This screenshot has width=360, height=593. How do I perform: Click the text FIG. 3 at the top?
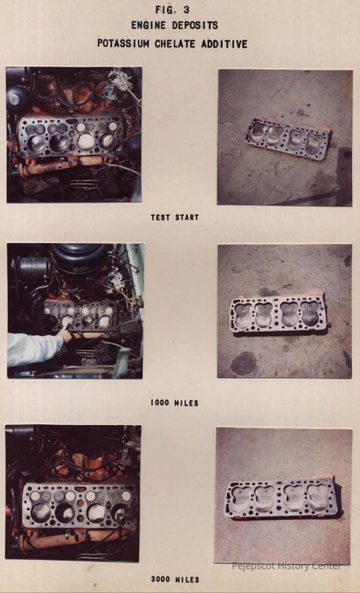coord(173,9)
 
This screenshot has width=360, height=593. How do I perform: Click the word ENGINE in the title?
coord(148,25)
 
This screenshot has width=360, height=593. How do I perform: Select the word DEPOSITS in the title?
coord(195,25)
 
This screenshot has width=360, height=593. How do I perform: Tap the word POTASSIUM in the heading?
coord(123,43)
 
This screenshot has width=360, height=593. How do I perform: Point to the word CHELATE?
coord(176,43)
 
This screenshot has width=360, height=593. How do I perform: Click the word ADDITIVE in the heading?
coord(224,43)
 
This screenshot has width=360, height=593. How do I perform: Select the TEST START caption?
coord(175,217)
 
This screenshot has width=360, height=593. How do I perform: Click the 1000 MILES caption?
coord(175,403)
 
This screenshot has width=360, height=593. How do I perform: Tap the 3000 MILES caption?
coord(175,579)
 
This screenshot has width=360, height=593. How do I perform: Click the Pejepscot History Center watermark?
coord(286,566)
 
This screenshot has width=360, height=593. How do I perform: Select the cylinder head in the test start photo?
coord(288,139)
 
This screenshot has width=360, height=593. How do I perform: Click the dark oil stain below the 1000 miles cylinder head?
coord(244,364)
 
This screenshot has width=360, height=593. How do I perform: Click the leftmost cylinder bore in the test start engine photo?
coord(37,144)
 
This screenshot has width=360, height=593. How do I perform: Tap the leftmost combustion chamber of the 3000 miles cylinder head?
coord(241,498)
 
